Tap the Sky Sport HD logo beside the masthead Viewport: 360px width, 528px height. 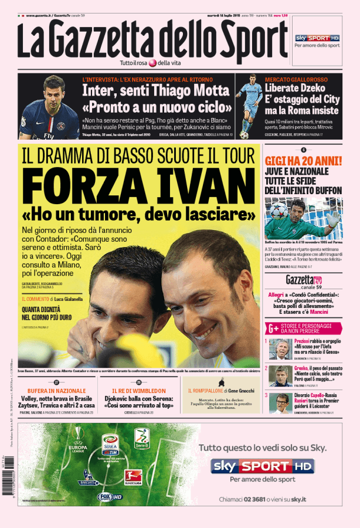click(x=317, y=38)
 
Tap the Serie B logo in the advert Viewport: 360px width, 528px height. click(x=141, y=437)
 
